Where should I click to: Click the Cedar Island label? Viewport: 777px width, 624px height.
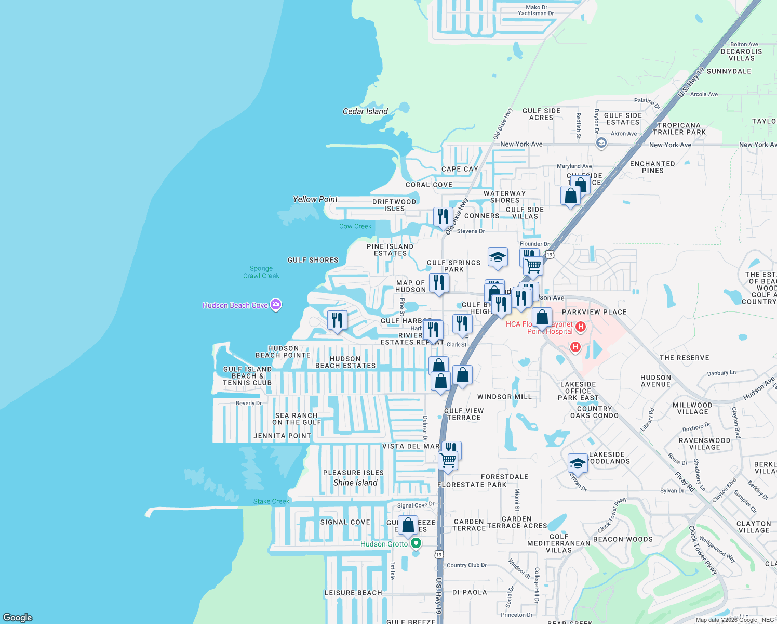[x=365, y=111]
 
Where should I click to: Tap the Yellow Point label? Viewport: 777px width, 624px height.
[x=315, y=199]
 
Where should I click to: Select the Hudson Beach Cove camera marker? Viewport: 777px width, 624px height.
[x=276, y=305]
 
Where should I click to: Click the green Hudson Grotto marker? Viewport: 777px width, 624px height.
[x=416, y=543]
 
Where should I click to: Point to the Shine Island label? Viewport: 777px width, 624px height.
[x=355, y=483]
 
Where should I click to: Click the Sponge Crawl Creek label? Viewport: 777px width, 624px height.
[x=261, y=272]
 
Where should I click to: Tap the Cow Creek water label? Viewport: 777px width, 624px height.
[x=355, y=226]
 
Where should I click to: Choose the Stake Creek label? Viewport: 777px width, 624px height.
[x=271, y=501]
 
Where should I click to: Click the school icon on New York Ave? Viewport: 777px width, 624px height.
[x=601, y=143]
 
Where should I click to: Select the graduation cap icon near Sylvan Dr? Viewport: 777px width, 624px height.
[x=578, y=462]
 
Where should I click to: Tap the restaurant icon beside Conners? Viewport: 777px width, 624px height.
[x=443, y=216]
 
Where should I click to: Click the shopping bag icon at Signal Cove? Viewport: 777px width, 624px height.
[x=408, y=526]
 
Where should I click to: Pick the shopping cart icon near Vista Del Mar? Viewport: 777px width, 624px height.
[x=448, y=460]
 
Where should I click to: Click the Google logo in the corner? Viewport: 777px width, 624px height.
[x=18, y=617]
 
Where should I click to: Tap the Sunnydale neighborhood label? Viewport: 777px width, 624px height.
[x=729, y=71]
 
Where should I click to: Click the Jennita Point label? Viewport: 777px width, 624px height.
[x=282, y=436]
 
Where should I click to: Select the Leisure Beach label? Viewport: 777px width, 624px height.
[x=353, y=593]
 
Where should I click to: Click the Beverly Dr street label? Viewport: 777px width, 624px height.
[x=249, y=403]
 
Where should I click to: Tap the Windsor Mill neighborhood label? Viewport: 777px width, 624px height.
[x=504, y=397]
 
